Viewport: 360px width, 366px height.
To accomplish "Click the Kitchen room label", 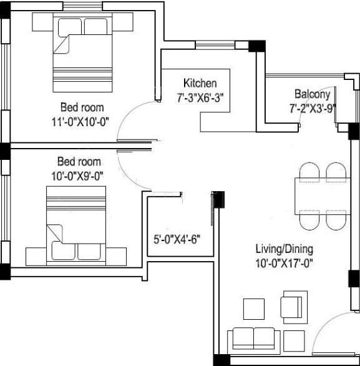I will (200, 83).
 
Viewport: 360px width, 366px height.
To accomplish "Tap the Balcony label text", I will (312, 94).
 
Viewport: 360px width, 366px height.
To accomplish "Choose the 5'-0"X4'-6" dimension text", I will (177, 237).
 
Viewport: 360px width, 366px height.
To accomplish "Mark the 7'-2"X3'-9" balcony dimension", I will (313, 107).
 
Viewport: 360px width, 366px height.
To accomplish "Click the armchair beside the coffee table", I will (291, 305).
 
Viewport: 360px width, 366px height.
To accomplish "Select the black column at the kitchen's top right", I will (255, 46).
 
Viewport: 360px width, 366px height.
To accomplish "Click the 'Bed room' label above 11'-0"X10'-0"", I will (82, 107).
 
